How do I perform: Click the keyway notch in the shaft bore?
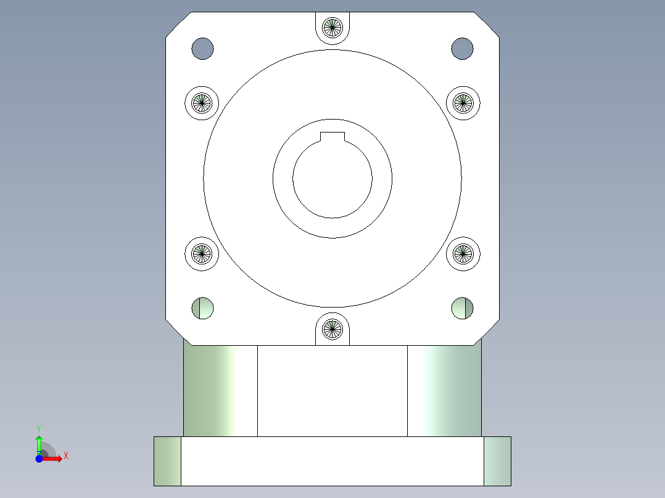[x=332, y=137]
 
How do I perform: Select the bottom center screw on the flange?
[x=332, y=329]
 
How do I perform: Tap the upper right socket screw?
[x=463, y=102]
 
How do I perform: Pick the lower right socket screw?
[x=463, y=253]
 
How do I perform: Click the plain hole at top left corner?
[x=202, y=49]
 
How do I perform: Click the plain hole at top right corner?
[x=462, y=49]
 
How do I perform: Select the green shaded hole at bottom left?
[x=202, y=308]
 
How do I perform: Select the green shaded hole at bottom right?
[x=462, y=308]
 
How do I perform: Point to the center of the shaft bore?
[x=332, y=179]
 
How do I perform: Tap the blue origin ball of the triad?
[x=39, y=459]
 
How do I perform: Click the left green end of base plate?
[x=167, y=461]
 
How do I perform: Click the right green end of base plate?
[x=497, y=461]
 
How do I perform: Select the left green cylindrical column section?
[x=220, y=391]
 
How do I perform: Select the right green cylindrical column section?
[x=444, y=391]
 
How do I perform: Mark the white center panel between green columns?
[x=332, y=391]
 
